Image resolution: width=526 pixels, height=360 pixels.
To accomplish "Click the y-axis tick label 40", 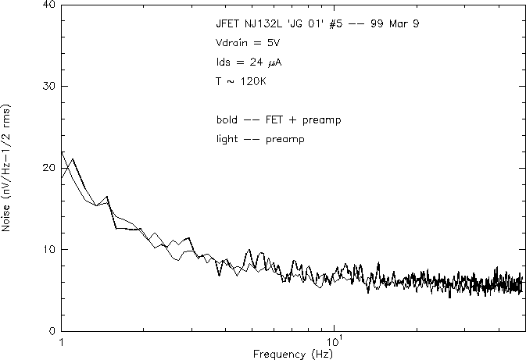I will coord(48,5).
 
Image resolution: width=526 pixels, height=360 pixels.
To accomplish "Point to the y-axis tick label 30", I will coord(48,86).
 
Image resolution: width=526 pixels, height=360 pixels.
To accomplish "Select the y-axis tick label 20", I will coord(48,168).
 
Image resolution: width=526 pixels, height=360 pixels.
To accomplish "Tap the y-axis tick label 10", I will coord(48,249).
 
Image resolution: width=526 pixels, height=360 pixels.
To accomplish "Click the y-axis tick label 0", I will coord(52,331).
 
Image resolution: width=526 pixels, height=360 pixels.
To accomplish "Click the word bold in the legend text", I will coord(227,120).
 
